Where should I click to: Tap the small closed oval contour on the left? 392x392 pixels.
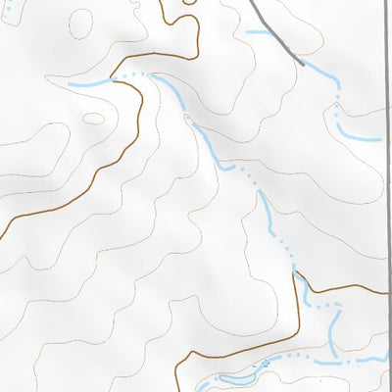[93, 119]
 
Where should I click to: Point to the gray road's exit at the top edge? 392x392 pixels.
[253, 3]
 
